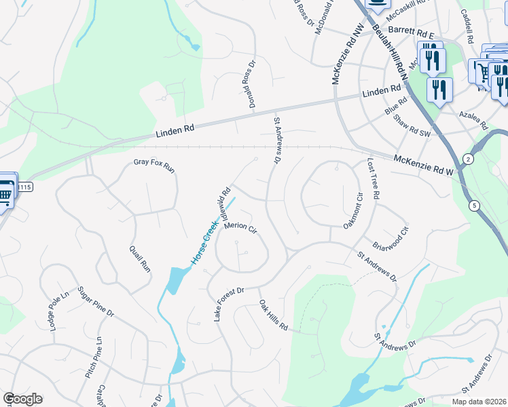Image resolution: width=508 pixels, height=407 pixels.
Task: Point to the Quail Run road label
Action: point(140,258)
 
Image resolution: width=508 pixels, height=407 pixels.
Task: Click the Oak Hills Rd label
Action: point(274,315)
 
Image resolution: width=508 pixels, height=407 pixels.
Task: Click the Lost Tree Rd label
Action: point(372,178)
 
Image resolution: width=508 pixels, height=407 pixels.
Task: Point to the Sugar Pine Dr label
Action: point(96,302)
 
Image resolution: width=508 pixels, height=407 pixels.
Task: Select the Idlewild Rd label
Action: point(223,199)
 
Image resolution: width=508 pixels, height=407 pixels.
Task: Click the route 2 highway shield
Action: point(468,159)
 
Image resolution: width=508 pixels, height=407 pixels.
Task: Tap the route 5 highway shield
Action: point(473,206)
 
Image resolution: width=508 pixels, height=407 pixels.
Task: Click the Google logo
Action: point(22,399)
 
